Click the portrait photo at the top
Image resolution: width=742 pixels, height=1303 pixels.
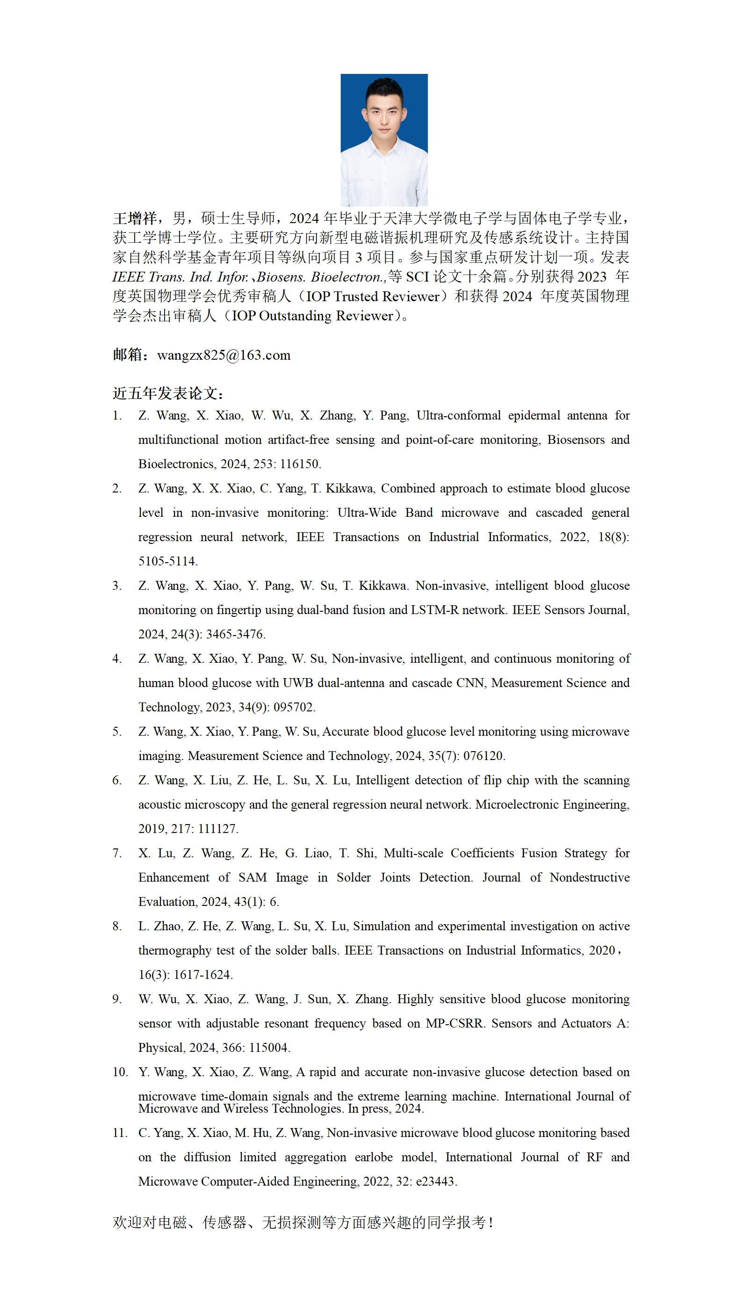pyautogui.click(x=384, y=140)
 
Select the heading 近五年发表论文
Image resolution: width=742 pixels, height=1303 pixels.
pyautogui.click(x=168, y=393)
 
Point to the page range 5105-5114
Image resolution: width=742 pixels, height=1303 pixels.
pyautogui.click(x=167, y=561)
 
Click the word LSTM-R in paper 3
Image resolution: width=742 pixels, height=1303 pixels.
pyautogui.click(x=434, y=610)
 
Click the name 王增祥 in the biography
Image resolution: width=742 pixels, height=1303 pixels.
pyautogui.click(x=135, y=219)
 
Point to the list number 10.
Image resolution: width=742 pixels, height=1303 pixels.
pyautogui.click(x=120, y=1072)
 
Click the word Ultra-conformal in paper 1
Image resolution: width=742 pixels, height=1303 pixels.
pyautogui.click(x=458, y=415)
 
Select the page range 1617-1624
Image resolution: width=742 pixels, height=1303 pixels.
pyautogui.click(x=202, y=975)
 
